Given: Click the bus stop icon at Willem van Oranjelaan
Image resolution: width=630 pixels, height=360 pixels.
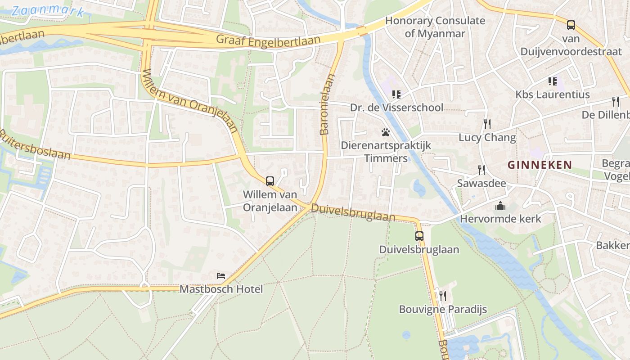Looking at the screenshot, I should tap(270, 181).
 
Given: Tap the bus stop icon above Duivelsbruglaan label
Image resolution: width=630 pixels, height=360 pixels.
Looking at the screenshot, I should tap(419, 236).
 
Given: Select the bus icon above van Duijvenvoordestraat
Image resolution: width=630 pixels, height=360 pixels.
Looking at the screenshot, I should tap(571, 25).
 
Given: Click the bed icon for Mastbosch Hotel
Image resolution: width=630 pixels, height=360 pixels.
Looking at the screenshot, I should tap(221, 275).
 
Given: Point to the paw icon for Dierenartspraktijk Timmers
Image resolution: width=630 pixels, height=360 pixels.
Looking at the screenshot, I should tap(386, 132).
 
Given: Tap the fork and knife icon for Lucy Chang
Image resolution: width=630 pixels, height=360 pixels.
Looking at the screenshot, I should tap(487, 124).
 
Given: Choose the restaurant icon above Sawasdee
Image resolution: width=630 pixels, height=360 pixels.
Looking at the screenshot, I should tap(481, 170).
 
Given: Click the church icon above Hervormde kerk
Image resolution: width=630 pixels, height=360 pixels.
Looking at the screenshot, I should tap(500, 206).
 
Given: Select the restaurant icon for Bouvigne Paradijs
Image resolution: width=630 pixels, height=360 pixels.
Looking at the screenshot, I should tap(443, 296).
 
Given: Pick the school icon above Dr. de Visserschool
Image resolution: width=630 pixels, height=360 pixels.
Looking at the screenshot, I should tap(396, 94).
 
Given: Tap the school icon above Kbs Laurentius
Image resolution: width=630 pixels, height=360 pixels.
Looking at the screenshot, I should tap(553, 81).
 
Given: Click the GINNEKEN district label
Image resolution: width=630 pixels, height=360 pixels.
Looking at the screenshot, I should tap(540, 165).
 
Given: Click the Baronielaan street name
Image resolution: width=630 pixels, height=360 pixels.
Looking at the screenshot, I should tap(328, 104).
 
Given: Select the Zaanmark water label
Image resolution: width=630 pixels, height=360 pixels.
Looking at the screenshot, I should tap(48, 11).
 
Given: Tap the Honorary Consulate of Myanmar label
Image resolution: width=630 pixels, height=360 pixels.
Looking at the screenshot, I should tap(435, 27).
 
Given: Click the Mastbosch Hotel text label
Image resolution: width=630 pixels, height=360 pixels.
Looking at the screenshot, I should tap(221, 289).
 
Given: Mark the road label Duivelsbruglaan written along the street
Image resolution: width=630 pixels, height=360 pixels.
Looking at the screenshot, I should tap(353, 212).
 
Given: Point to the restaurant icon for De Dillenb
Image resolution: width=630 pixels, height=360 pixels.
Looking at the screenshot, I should tap(616, 102).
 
